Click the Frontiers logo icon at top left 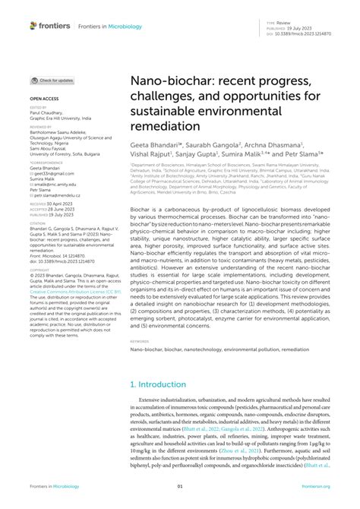pyautogui.click(x=34, y=25)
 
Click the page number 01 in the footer pyautogui.click(x=180, y=486)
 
